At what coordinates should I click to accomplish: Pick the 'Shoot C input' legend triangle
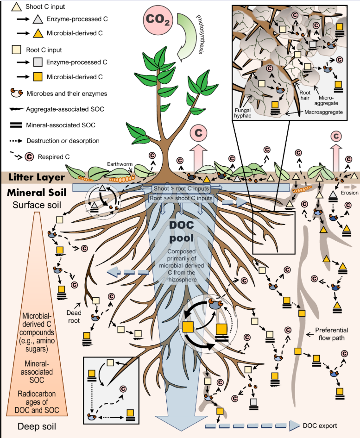(x=16, y=6)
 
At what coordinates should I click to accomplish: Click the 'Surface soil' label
(x=36, y=205)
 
